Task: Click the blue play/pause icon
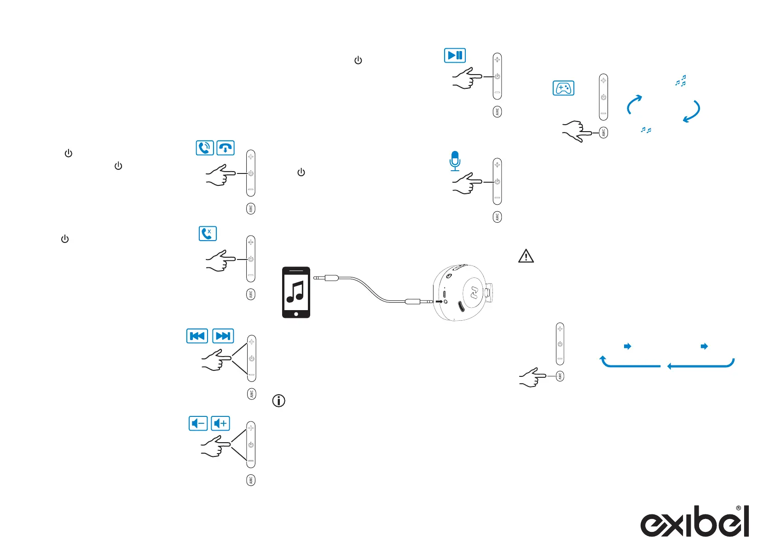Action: click(455, 55)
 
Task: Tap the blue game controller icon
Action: click(563, 88)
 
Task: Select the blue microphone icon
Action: click(455, 161)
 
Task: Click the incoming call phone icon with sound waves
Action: click(205, 148)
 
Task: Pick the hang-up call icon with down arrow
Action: click(226, 148)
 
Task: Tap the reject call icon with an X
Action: click(208, 233)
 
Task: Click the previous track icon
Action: click(197, 336)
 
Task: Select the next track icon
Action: click(223, 336)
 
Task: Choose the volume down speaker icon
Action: click(198, 423)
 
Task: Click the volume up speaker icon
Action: click(220, 423)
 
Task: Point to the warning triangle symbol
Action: click(526, 256)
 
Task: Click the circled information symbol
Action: click(279, 401)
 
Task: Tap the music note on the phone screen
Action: click(295, 292)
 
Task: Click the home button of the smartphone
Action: click(296, 314)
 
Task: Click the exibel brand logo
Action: click(694, 522)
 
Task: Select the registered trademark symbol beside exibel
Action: click(739, 508)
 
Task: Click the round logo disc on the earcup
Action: click(474, 291)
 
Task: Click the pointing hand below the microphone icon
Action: click(467, 183)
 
